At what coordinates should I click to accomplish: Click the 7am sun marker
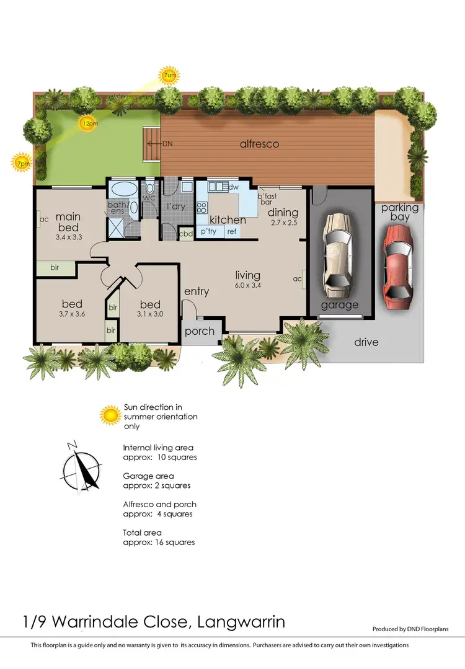tap(169, 76)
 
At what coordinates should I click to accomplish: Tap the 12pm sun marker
tap(89, 123)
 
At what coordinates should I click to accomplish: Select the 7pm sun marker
tap(22, 162)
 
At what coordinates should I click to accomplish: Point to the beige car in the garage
tap(338, 254)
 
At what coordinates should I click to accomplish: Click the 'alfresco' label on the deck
tap(259, 144)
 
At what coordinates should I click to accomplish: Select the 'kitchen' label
tap(227, 219)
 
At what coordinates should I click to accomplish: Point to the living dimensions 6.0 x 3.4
tap(247, 286)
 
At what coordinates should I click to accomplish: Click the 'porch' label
tap(200, 331)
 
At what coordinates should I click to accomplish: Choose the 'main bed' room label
tap(69, 222)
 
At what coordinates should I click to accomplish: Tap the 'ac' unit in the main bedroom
tap(44, 219)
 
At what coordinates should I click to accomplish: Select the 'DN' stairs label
tap(167, 143)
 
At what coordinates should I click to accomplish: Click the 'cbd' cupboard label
tap(185, 234)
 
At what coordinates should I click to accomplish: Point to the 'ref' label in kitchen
tap(231, 232)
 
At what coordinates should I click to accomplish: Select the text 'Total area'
tap(143, 532)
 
